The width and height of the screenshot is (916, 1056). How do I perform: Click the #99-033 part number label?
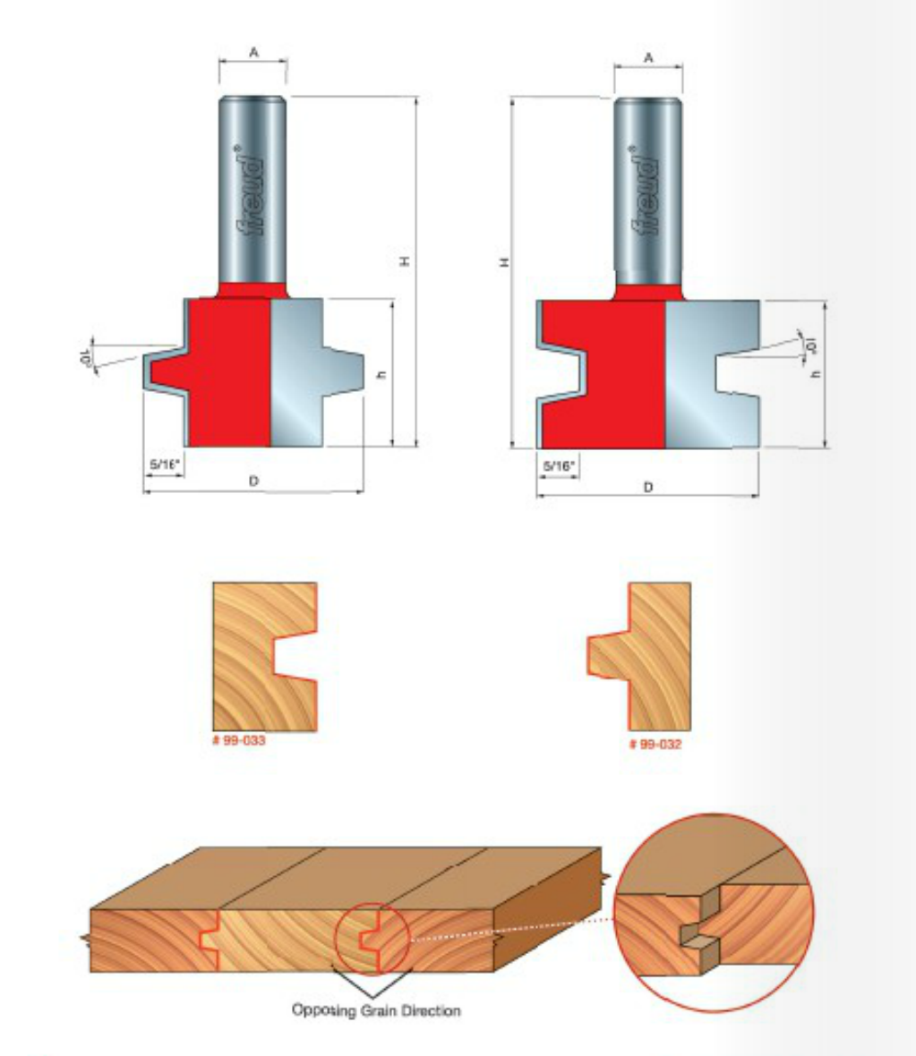click(x=238, y=740)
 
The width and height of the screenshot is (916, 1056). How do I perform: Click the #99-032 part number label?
click(x=655, y=745)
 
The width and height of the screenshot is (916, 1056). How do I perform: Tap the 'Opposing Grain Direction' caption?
click(x=376, y=1011)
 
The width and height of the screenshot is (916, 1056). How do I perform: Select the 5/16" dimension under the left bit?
click(x=165, y=464)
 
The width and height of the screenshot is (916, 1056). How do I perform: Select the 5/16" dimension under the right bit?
click(x=559, y=466)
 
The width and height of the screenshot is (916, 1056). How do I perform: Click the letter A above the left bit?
click(x=253, y=52)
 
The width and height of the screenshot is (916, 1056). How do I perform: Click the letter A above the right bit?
click(x=648, y=58)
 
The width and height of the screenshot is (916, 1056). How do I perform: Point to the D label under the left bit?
click(x=253, y=481)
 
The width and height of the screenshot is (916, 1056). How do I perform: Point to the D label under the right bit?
click(x=647, y=487)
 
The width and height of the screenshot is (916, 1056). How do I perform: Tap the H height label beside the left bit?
click(x=405, y=261)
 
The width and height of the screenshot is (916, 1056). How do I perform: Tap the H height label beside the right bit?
click(x=503, y=262)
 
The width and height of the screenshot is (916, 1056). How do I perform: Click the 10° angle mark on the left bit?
click(x=86, y=357)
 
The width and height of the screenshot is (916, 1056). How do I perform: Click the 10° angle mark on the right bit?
click(x=811, y=346)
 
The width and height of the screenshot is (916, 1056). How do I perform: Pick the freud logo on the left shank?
click(x=251, y=192)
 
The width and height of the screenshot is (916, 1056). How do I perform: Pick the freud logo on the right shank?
click(x=646, y=192)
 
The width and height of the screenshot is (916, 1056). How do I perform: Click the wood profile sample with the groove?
click(x=264, y=657)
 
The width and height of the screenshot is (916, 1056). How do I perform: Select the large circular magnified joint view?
click(x=715, y=913)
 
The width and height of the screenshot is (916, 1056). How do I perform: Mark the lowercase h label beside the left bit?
click(x=381, y=374)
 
